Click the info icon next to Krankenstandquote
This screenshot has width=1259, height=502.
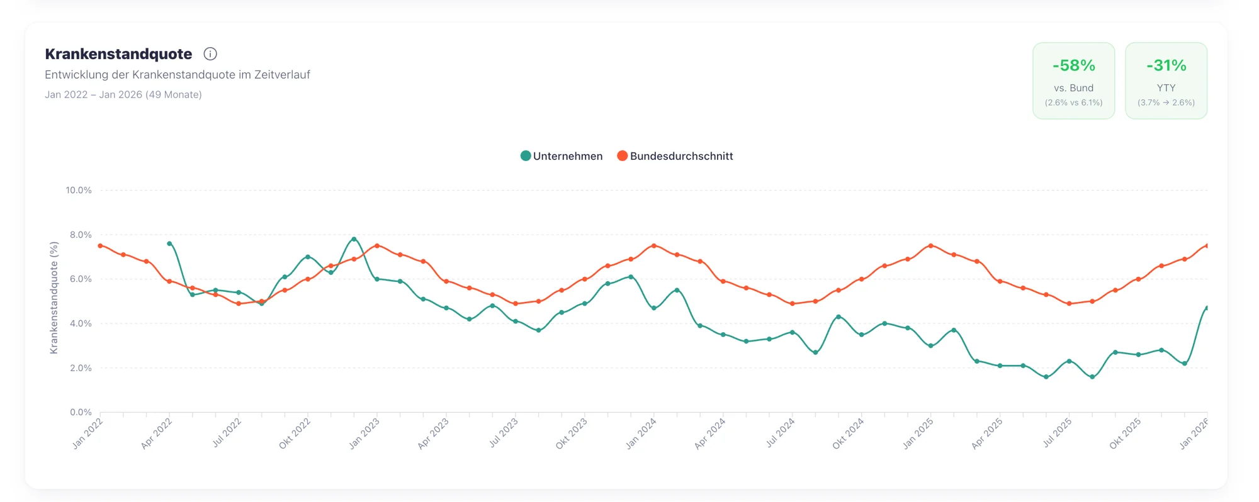pyautogui.click(x=210, y=54)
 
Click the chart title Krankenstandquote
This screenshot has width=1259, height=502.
pyautogui.click(x=118, y=54)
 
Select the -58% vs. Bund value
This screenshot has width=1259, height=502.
pyautogui.click(x=1073, y=65)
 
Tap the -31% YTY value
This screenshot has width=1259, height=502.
pyautogui.click(x=1166, y=65)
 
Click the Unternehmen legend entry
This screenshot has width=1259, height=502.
pyautogui.click(x=562, y=156)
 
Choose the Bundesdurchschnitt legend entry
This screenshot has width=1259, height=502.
pyautogui.click(x=675, y=156)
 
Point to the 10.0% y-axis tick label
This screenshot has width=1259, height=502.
pyautogui.click(x=79, y=190)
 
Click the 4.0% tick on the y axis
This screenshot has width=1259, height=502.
pyautogui.click(x=81, y=323)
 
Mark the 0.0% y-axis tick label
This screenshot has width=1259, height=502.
pyautogui.click(x=81, y=412)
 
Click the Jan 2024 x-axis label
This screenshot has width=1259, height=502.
pyautogui.click(x=641, y=433)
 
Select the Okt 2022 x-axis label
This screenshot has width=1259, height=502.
pyautogui.click(x=295, y=433)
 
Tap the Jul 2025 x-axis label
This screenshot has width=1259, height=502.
pyautogui.click(x=1057, y=433)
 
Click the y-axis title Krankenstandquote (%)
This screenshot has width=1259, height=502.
pyautogui.click(x=54, y=298)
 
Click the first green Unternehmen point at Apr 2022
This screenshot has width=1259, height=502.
pyautogui.click(x=169, y=243)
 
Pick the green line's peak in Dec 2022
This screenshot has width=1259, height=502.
pyautogui.click(x=354, y=239)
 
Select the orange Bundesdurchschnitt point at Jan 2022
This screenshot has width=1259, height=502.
pyautogui.click(x=101, y=246)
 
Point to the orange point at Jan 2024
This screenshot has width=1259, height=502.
pyautogui.click(x=654, y=246)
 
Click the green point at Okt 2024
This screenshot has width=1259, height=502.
pyautogui.click(x=838, y=317)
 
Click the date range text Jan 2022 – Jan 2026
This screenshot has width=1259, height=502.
pyautogui.click(x=123, y=95)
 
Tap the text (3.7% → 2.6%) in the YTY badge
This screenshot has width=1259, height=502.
pyautogui.click(x=1166, y=103)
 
